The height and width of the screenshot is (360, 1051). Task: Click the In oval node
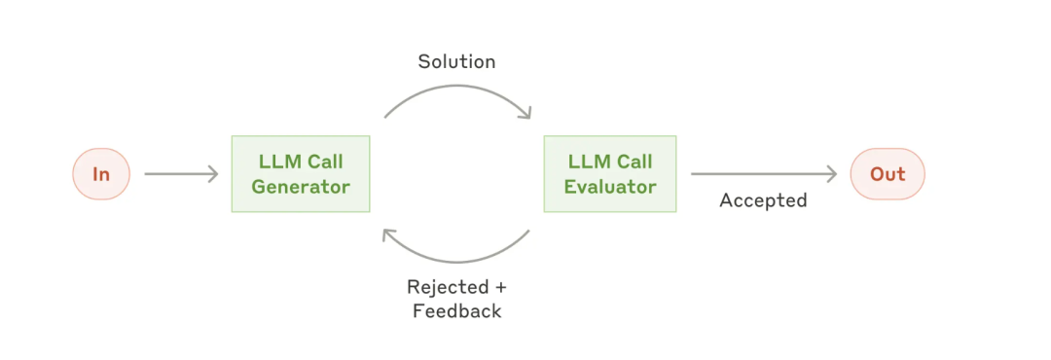point(101,174)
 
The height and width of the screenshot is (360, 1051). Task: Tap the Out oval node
point(888,174)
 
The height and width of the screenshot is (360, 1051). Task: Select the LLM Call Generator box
point(301,174)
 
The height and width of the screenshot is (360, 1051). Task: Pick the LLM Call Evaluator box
point(610,174)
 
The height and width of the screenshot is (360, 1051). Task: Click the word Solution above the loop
point(456,62)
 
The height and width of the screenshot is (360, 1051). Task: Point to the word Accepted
point(763,200)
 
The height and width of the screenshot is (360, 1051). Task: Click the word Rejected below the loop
point(448,288)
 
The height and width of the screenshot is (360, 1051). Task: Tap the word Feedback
point(457,311)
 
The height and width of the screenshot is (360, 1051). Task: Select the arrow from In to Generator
point(182,174)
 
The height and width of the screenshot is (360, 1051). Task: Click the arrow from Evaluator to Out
point(764,174)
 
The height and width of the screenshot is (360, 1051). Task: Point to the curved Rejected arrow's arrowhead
point(389,236)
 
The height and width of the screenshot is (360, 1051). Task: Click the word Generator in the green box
point(301,187)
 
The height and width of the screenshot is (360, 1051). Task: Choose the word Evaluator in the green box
point(610,187)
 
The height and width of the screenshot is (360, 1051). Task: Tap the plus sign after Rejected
point(500,288)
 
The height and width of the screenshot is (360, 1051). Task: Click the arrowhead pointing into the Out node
point(832,174)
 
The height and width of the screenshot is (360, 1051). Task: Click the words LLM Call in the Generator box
point(301,162)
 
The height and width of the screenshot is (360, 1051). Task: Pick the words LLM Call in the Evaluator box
point(610,162)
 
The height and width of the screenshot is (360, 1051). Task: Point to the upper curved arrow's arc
point(457,86)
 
